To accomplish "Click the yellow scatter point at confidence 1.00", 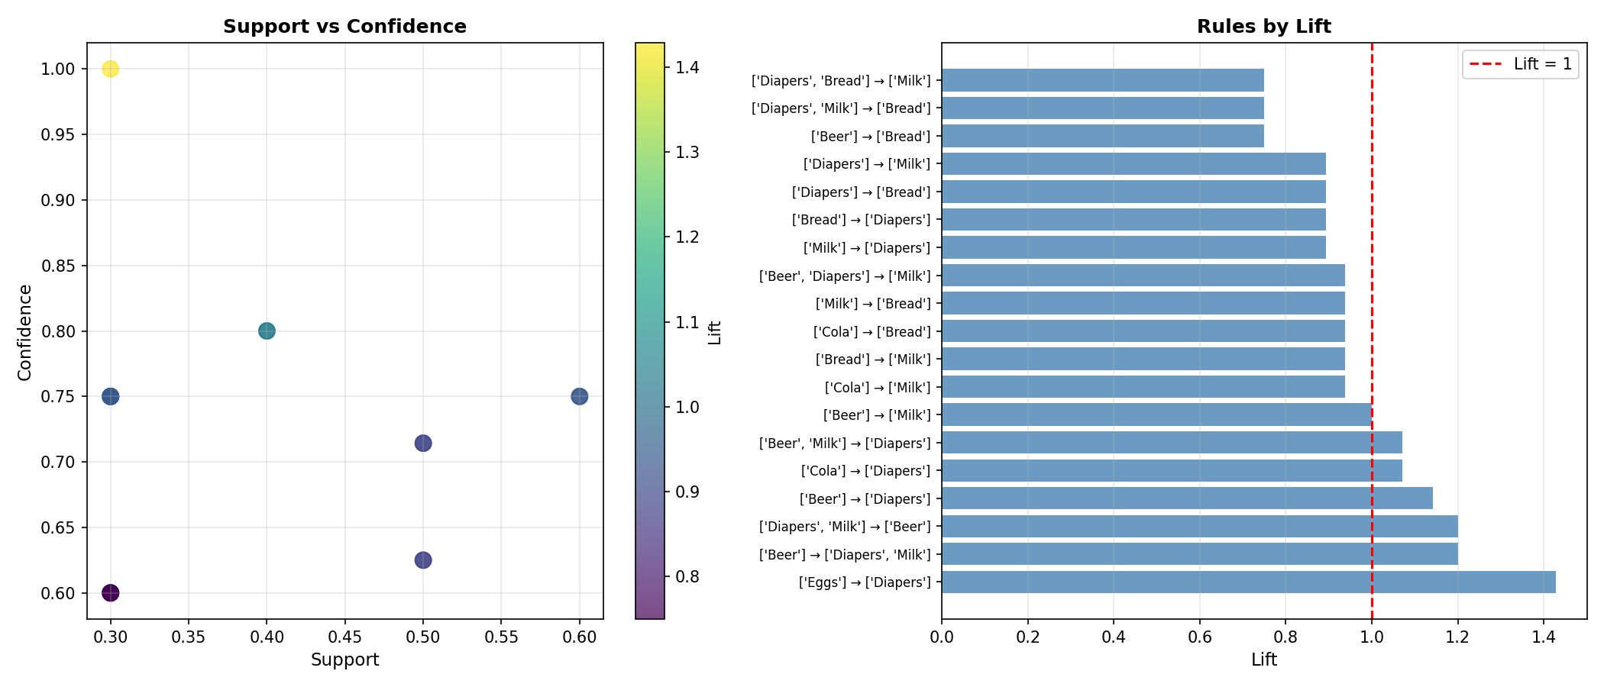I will click(x=111, y=69).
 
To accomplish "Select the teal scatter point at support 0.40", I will click(x=267, y=331).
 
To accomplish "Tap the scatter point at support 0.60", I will click(x=579, y=396).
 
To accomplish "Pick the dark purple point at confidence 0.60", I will click(x=111, y=593).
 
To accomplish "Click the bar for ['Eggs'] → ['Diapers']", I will click(x=1248, y=582).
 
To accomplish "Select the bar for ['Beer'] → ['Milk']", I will click(x=1156, y=415).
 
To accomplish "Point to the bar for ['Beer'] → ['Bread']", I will click(x=1102, y=136).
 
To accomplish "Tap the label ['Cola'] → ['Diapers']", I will click(x=865, y=471).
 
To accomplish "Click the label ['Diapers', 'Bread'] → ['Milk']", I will click(x=841, y=81).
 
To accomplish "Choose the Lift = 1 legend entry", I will click(x=1520, y=64).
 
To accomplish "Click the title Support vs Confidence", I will click(x=344, y=27).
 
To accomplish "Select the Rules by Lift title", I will click(x=1263, y=27).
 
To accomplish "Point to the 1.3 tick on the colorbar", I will click(x=687, y=153).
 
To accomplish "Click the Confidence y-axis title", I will click(x=25, y=332).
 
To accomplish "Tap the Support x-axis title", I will click(x=344, y=660).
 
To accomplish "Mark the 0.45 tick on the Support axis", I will click(x=344, y=637).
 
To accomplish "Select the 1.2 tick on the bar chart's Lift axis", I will click(x=1457, y=637).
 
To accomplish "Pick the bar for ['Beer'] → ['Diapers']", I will click(x=1187, y=498).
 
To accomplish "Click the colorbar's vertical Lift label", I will click(x=715, y=332).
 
